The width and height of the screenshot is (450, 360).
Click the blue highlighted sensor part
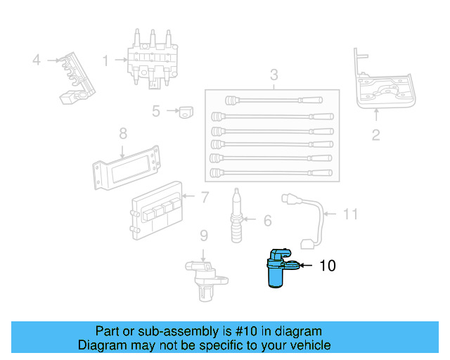278,269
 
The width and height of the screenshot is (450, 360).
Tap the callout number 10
328,266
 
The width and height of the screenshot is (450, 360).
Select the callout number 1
105,61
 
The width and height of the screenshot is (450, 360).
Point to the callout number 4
37,60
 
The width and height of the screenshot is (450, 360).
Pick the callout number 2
375,135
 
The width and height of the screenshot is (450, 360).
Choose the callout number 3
274,75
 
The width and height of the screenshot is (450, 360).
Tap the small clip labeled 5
186,111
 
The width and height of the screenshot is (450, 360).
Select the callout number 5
156,110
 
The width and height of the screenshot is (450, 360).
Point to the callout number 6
267,221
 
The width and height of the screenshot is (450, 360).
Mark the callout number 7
205,198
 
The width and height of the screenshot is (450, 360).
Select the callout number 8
122,133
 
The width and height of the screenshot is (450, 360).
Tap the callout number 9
203,235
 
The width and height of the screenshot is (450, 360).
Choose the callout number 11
351,214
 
